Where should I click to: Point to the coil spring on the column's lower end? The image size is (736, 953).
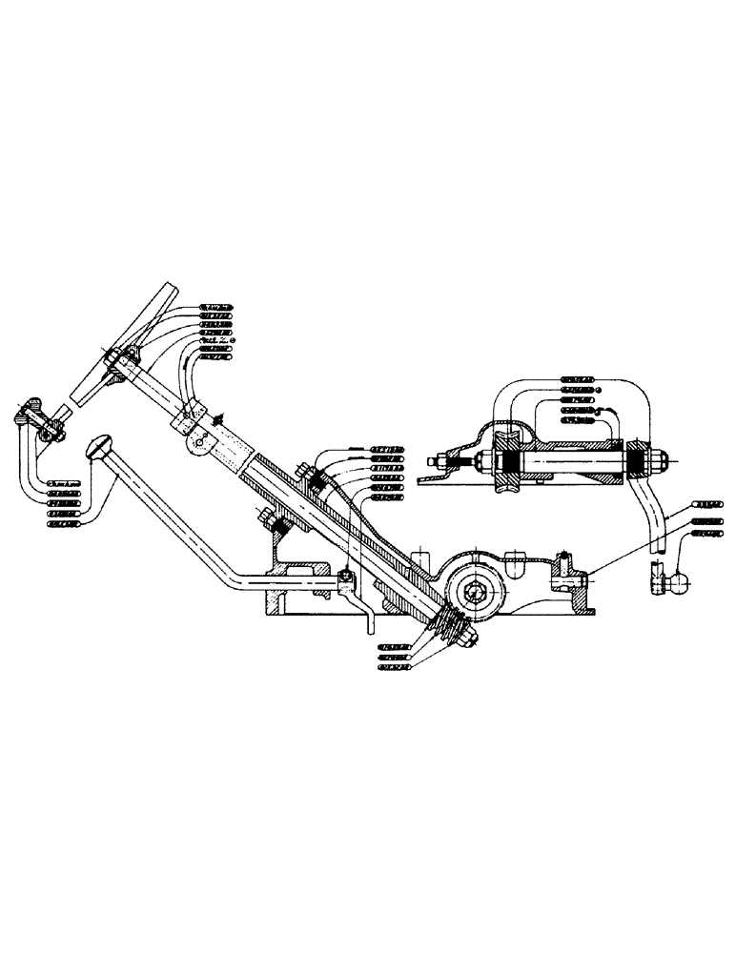click(450, 628)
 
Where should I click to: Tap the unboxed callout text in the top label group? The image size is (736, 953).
click(219, 340)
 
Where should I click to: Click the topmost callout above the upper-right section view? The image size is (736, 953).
click(579, 378)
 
